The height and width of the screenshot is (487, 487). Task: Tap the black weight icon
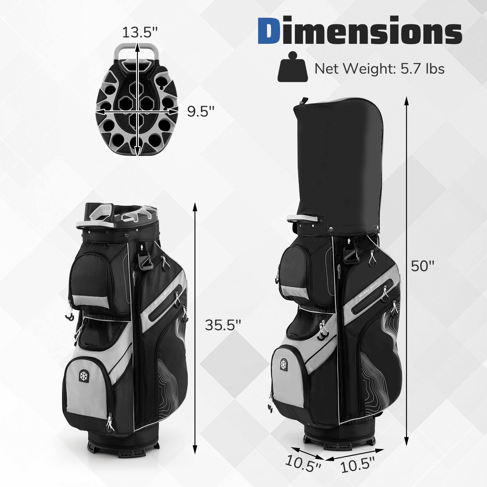(293, 68)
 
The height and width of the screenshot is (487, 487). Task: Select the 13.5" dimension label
(140, 32)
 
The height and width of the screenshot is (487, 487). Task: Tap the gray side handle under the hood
(303, 219)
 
